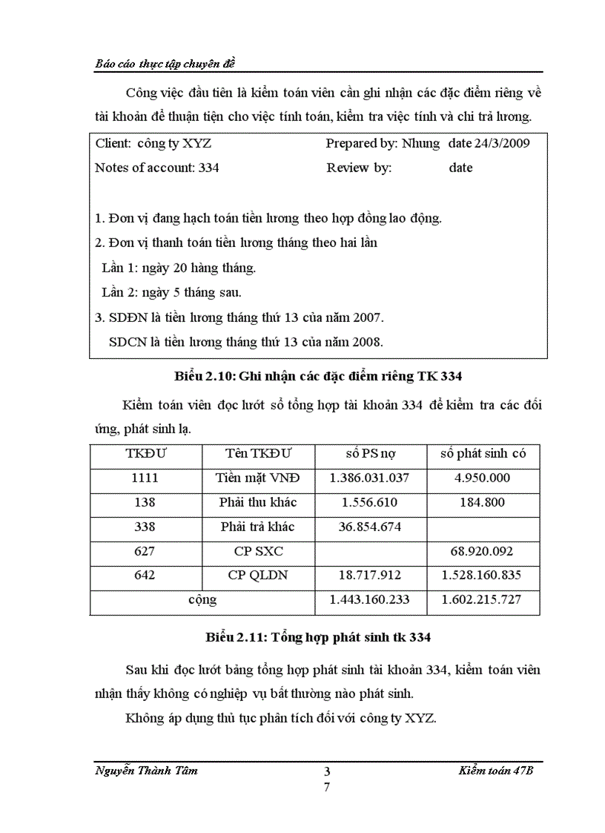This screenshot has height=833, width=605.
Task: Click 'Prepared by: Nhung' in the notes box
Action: click(x=383, y=143)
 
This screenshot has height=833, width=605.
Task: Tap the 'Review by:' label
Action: click(x=359, y=168)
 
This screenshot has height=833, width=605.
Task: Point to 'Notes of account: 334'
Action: click(x=157, y=168)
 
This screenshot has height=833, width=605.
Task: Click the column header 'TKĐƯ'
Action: click(x=146, y=453)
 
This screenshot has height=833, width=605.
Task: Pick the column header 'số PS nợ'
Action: click(x=371, y=453)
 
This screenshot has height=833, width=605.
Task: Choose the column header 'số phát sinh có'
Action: click(x=483, y=453)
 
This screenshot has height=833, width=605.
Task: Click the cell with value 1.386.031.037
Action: click(x=370, y=478)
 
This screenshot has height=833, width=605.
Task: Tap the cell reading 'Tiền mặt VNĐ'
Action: click(x=257, y=478)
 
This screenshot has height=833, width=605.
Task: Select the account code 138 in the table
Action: click(x=146, y=502)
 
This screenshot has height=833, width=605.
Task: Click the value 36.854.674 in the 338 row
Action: click(x=370, y=527)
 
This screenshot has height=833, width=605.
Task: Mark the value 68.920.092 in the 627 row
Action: click(x=483, y=552)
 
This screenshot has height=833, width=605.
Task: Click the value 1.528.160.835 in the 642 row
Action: click(x=483, y=576)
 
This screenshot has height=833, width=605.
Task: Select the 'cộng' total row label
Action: click(x=202, y=600)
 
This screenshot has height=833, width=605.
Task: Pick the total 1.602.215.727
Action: click(x=483, y=600)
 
